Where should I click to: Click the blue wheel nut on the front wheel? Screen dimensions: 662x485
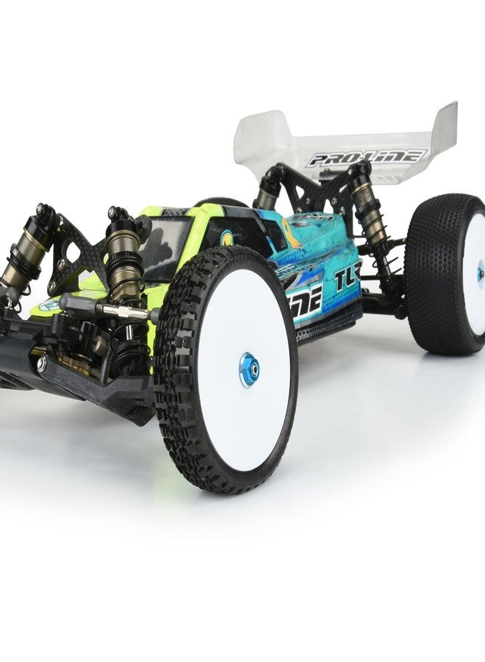pos(248,369)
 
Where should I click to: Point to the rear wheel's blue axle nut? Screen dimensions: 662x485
pos(480,273)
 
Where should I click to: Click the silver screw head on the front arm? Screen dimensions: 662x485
pos(41,363)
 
